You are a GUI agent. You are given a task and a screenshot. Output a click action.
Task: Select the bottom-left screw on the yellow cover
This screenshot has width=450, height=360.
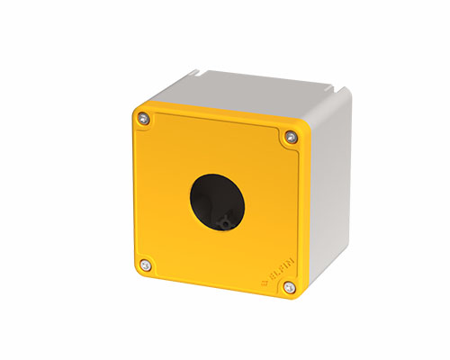[x=145, y=264]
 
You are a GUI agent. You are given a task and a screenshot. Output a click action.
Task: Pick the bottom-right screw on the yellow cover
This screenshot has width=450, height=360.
[x=288, y=288]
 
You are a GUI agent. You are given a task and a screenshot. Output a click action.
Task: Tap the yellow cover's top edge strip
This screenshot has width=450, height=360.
[x=220, y=116]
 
